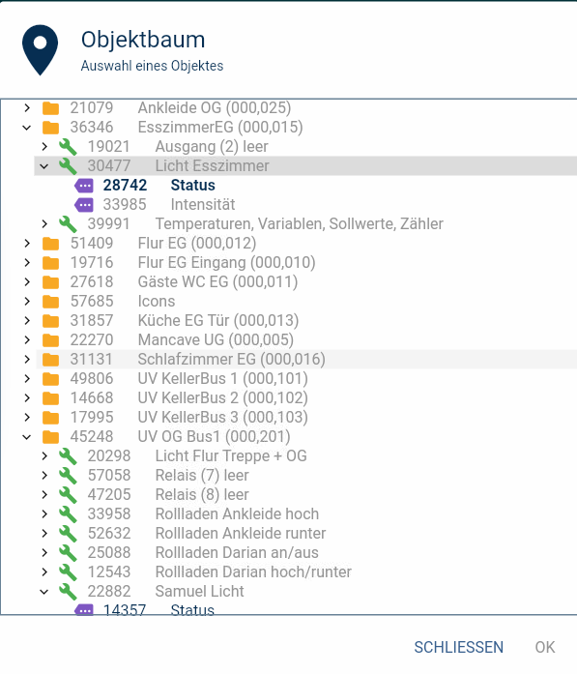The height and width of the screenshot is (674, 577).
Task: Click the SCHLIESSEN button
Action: tap(458, 647)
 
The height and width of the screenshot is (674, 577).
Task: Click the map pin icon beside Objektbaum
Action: tap(40, 50)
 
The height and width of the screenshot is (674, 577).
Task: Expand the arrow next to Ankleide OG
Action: tap(27, 108)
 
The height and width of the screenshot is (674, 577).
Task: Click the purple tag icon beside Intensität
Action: tap(84, 205)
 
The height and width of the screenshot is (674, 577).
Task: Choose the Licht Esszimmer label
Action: tap(213, 166)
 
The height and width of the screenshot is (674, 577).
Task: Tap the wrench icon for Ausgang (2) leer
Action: tap(68, 147)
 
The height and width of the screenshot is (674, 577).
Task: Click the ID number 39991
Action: tap(108, 224)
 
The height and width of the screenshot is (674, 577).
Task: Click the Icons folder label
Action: tap(157, 302)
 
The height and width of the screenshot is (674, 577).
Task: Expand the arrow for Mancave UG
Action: tap(27, 340)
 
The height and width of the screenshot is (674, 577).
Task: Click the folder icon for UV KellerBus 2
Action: tap(50, 398)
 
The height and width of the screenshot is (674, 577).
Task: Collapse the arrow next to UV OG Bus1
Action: tap(27, 437)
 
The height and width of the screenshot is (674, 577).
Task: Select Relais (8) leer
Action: tap(202, 495)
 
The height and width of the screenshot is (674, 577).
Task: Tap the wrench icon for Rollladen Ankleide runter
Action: tap(68, 534)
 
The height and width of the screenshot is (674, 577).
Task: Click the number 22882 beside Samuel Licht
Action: tap(109, 592)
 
